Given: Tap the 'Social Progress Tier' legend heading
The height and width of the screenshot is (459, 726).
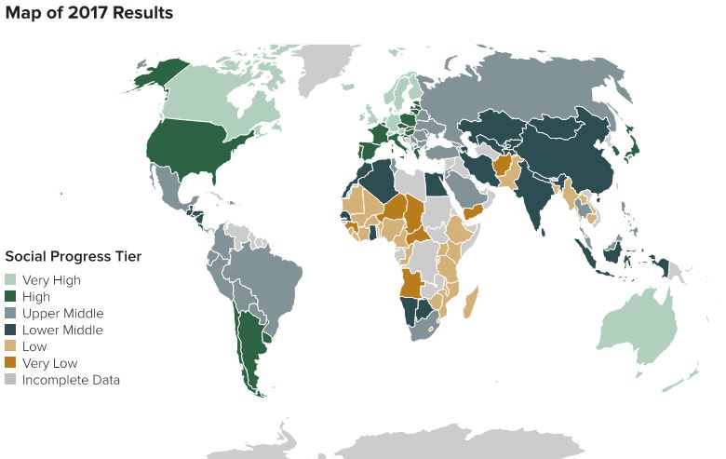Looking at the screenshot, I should (72, 256).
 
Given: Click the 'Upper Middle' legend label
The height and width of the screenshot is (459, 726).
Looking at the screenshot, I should (62, 313).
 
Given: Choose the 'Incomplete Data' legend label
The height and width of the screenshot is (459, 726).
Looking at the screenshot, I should (71, 380).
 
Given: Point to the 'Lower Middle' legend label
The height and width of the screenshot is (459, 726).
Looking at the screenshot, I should (62, 330).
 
